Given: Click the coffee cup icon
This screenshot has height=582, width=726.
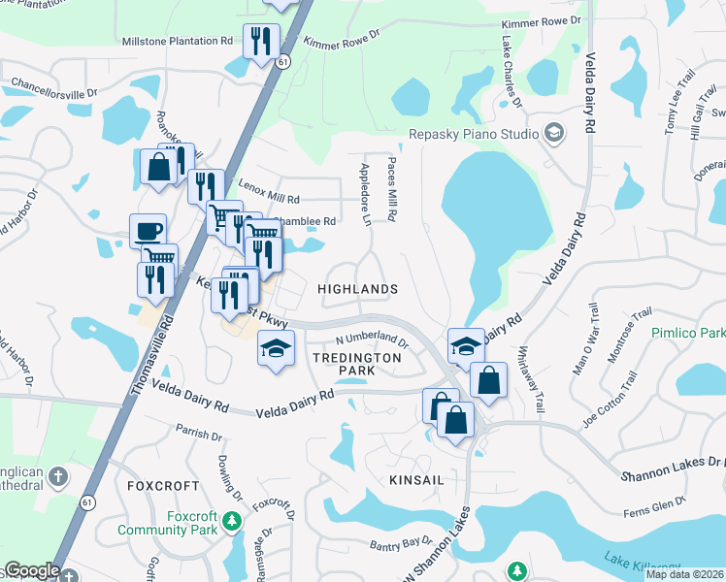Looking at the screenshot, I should click(x=148, y=232).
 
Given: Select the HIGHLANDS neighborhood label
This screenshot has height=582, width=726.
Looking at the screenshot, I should click(x=358, y=289).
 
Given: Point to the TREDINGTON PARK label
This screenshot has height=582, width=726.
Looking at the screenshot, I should click(x=355, y=364).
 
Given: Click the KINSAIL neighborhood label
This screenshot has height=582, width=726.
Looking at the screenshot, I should click(x=414, y=452).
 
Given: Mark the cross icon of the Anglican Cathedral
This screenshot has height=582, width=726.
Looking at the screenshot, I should click(x=58, y=475).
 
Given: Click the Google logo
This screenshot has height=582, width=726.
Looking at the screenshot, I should click(x=32, y=570).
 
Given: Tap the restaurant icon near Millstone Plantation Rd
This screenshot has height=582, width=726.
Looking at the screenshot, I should click(x=261, y=41).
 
